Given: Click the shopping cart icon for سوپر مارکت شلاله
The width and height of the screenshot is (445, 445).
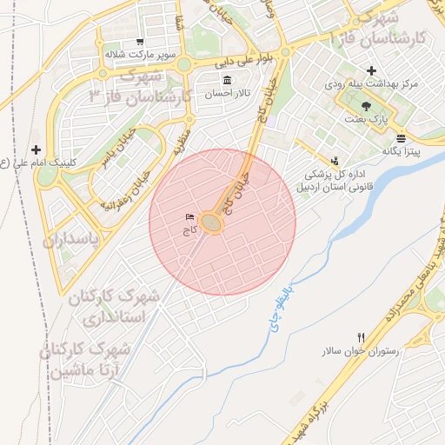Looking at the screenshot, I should click(140, 42).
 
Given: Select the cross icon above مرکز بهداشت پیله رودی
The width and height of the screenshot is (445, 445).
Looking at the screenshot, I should click(371, 70).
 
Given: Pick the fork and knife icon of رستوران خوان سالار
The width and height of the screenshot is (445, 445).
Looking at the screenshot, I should click(362, 337).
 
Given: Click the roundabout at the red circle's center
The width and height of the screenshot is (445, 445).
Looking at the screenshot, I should click(213, 223).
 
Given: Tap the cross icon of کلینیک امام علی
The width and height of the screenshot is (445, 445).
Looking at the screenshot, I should click(36, 149).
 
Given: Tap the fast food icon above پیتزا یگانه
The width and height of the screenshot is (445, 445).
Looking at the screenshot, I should click(400, 137).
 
